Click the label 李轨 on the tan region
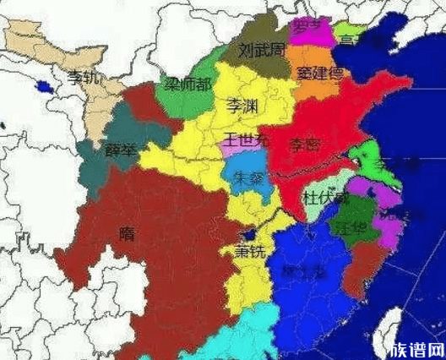click(x=83, y=78)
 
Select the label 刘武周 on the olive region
click(x=258, y=51)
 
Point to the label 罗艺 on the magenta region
click(x=307, y=27)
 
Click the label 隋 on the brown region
click(x=127, y=232)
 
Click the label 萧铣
click(x=249, y=251)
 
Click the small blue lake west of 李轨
click(x=41, y=85)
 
